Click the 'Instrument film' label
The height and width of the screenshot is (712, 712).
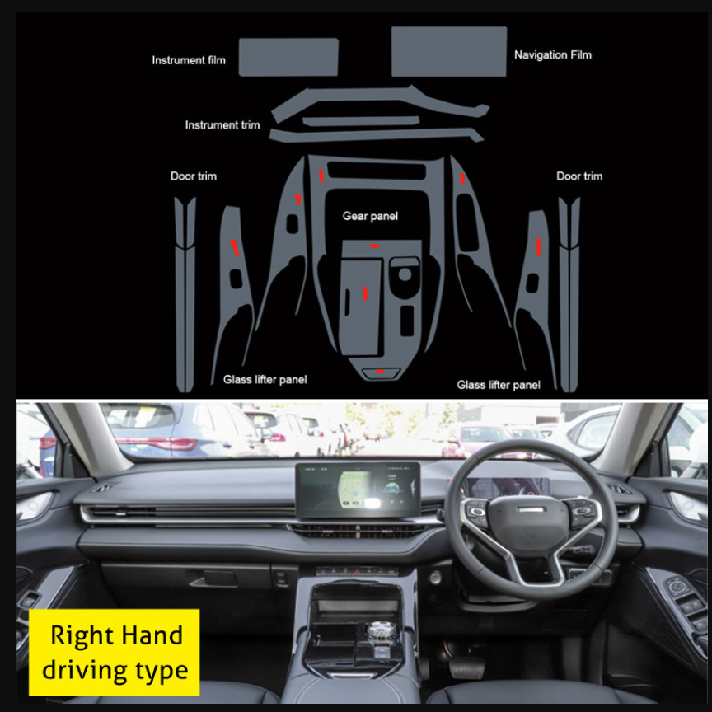pos(189,60)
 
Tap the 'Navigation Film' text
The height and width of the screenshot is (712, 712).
pos(553,55)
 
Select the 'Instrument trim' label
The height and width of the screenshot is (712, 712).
pos(222,125)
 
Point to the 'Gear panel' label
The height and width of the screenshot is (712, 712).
pos(370,216)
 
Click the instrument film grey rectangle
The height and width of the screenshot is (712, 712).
pos(288,57)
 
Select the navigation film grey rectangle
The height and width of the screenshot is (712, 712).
pos(448,51)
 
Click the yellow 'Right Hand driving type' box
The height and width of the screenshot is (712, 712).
pos(114,652)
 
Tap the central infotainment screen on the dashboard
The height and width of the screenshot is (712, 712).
pos(358,489)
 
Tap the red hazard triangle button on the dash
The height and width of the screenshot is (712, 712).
pos(358,571)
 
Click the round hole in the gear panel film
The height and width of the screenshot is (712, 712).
pos(404,274)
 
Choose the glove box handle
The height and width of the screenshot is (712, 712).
pos(213,579)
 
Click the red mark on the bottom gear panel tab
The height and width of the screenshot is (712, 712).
pos(380,372)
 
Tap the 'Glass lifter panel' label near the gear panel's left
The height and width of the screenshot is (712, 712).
pos(265,380)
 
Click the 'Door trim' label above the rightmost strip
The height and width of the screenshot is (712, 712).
pos(579,176)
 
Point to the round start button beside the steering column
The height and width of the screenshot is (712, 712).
pos(434,578)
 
